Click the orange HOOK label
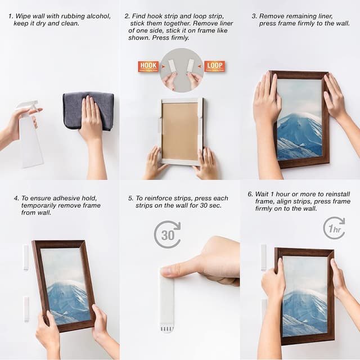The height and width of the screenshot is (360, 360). [x=148, y=66]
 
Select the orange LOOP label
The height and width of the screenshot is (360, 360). [x=214, y=66]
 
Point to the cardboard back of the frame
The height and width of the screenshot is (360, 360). [x=179, y=131]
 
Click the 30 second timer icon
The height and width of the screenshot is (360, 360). [x=168, y=235]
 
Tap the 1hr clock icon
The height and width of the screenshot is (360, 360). [x=334, y=228]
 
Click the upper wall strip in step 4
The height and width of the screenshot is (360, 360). [x=26, y=257]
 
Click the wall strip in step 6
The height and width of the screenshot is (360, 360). [x=263, y=257]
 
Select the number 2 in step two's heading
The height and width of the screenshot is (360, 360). [x=127, y=16]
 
